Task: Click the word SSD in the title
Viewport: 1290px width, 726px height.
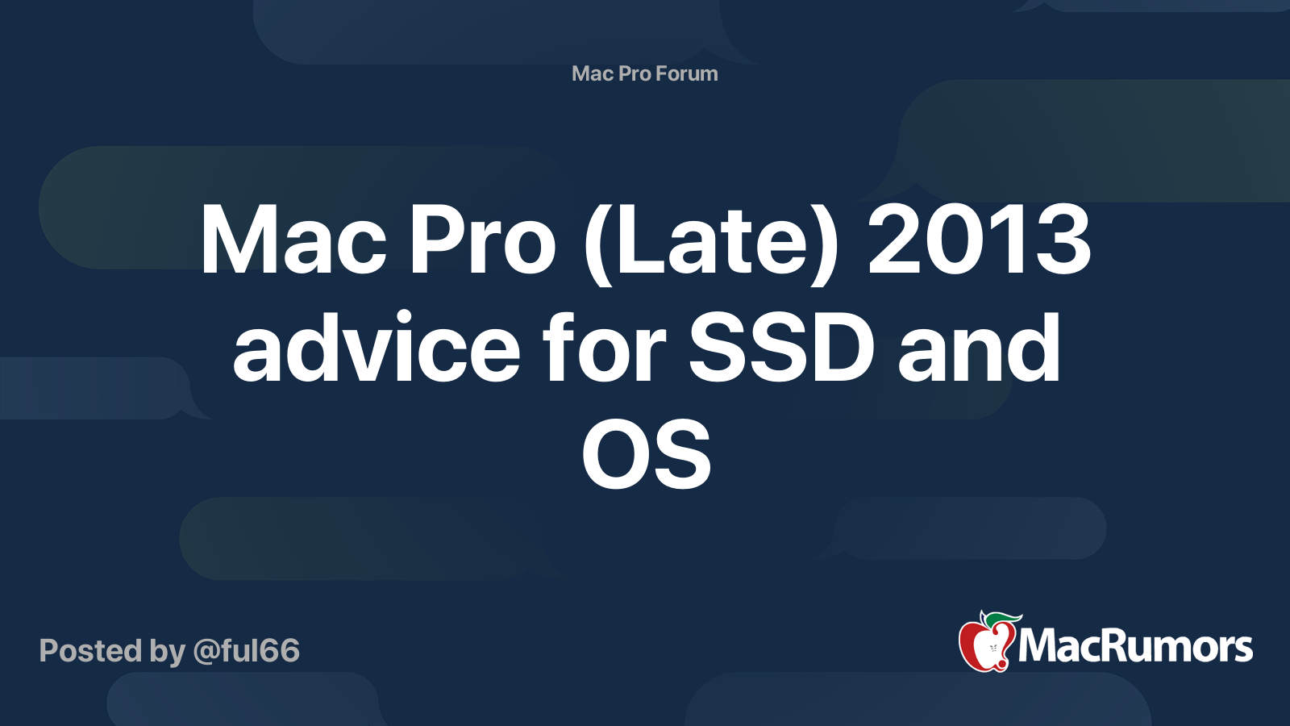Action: [x=781, y=348]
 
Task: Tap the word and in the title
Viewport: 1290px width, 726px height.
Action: [x=979, y=348]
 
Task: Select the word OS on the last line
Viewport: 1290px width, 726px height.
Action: [x=646, y=456]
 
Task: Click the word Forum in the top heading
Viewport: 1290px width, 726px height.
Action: [x=686, y=73]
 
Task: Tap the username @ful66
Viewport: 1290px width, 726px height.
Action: [x=246, y=651]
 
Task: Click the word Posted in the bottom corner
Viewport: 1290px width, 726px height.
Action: [x=91, y=651]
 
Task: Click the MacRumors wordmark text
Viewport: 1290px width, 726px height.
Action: [x=1135, y=646]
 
